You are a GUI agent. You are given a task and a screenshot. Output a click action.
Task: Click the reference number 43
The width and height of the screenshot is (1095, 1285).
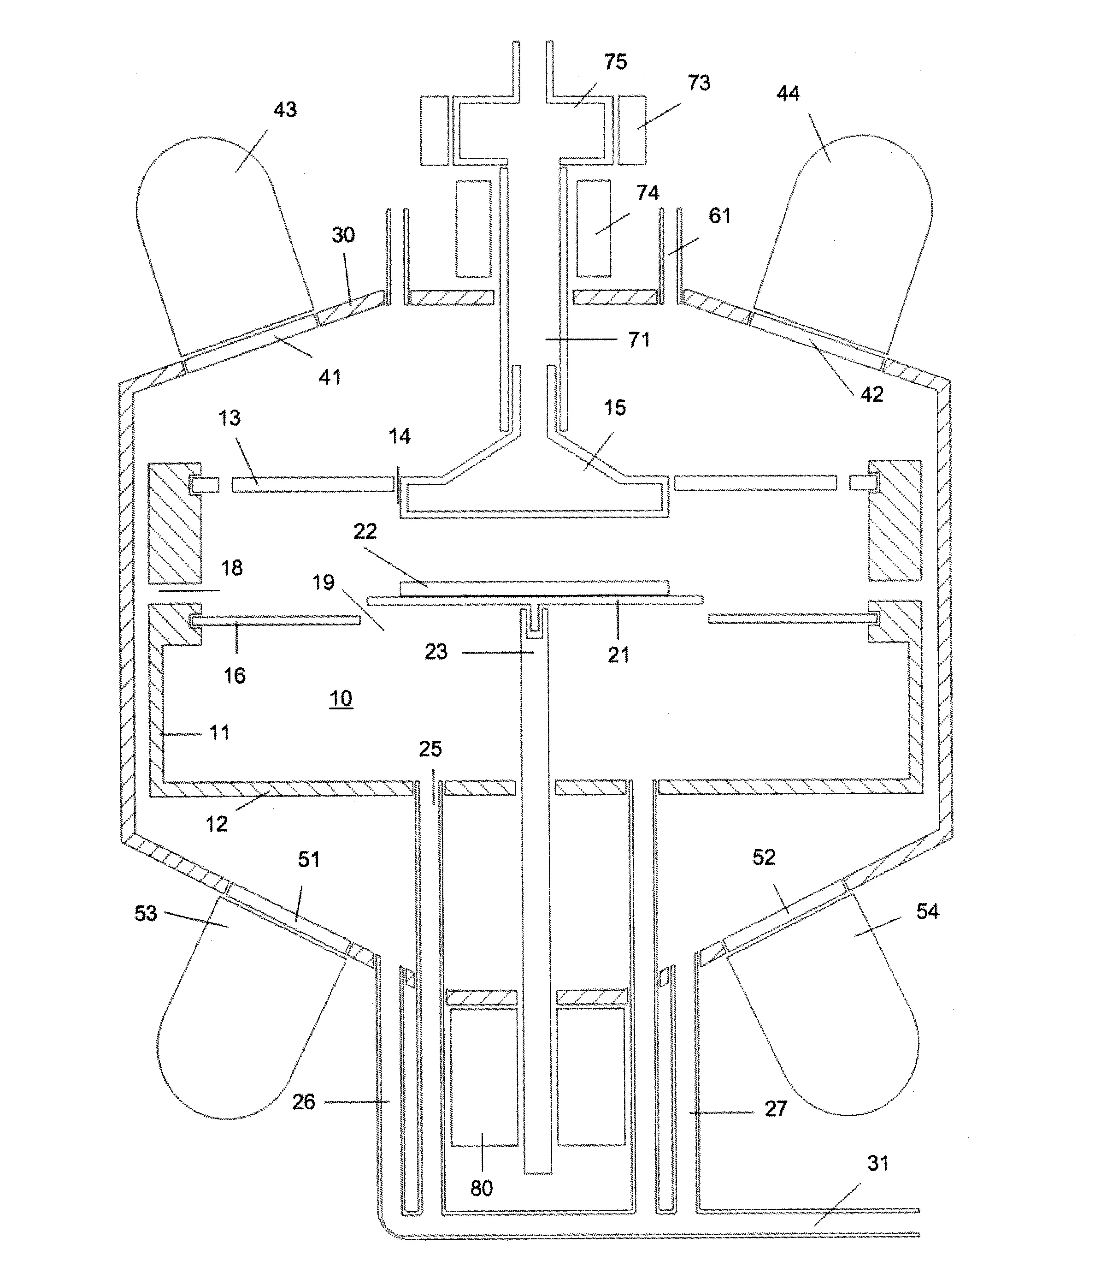(x=285, y=110)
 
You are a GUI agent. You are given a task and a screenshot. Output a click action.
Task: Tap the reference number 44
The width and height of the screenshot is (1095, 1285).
(x=788, y=94)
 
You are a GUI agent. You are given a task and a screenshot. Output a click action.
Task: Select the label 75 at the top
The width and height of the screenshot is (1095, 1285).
(x=615, y=62)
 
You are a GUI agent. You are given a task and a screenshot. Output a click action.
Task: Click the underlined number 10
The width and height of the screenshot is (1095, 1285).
(x=341, y=698)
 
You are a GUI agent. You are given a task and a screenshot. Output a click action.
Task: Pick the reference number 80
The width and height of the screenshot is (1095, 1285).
(x=482, y=1188)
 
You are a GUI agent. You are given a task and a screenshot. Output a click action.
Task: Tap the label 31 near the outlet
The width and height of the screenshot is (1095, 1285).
(x=877, y=1163)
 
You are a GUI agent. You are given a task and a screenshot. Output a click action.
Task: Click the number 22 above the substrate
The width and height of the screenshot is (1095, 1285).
(x=365, y=531)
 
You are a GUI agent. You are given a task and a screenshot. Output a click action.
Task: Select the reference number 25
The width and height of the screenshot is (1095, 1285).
(x=430, y=749)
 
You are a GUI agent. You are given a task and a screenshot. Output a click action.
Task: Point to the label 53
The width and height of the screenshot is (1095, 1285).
(x=146, y=914)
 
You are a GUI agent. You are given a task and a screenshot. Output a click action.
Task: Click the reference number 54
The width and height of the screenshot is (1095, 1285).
(x=928, y=912)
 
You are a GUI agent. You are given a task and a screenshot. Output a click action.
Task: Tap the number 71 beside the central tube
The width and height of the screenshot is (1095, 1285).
(x=639, y=340)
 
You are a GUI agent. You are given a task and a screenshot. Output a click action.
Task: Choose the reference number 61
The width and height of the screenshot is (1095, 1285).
(x=719, y=216)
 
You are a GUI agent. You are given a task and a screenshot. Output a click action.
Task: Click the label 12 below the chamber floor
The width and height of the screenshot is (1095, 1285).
(x=216, y=824)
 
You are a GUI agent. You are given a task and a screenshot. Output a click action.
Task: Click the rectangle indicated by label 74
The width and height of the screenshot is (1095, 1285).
(x=593, y=228)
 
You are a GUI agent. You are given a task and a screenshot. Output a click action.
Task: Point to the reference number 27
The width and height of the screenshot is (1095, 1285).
(x=775, y=1109)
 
